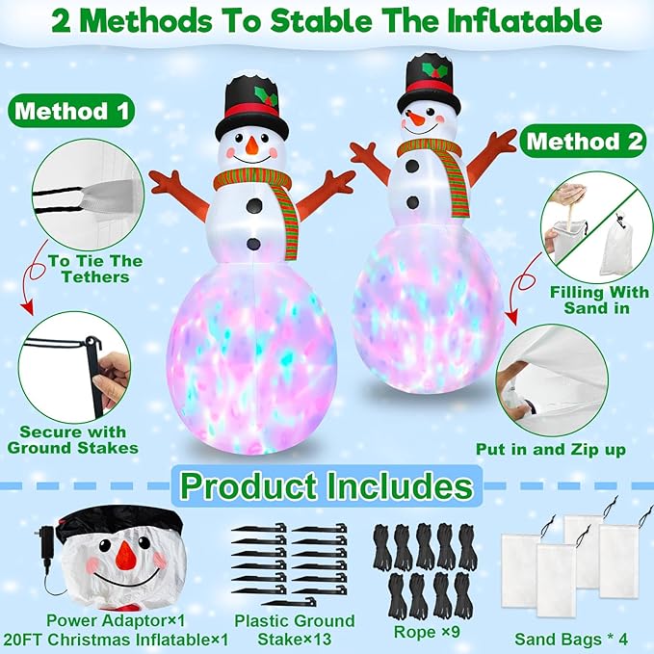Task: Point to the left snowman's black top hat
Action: coord(252,99)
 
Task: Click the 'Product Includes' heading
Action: coord(327,485)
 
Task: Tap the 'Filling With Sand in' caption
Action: coord(590,300)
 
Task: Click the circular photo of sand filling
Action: coord(589,232)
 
